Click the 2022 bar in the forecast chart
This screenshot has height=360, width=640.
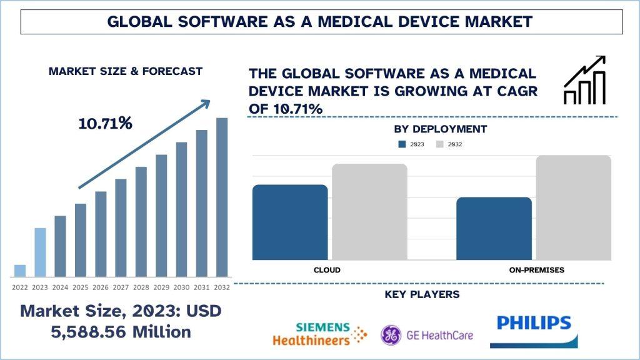[20, 270]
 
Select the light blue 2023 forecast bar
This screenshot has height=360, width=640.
[40, 252]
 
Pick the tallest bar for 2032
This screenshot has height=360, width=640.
[222, 197]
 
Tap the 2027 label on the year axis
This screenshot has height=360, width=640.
[121, 287]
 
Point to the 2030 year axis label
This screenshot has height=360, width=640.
[181, 287]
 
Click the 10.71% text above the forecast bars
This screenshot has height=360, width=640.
[105, 123]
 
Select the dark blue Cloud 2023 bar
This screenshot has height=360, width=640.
[290, 222]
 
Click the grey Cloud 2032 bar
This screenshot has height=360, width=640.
[369, 212]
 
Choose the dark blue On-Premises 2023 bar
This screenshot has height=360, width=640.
[494, 228]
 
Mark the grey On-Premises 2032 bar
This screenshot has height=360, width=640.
[573, 207]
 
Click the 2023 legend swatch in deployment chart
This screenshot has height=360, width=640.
[402, 144]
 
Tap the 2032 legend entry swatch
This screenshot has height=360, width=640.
[439, 144]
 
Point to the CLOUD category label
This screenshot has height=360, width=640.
[327, 270]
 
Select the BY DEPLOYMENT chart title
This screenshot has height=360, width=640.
[441, 129]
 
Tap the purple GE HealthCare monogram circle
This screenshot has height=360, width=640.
[391, 334]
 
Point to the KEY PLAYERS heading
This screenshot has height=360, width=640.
[431, 294]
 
